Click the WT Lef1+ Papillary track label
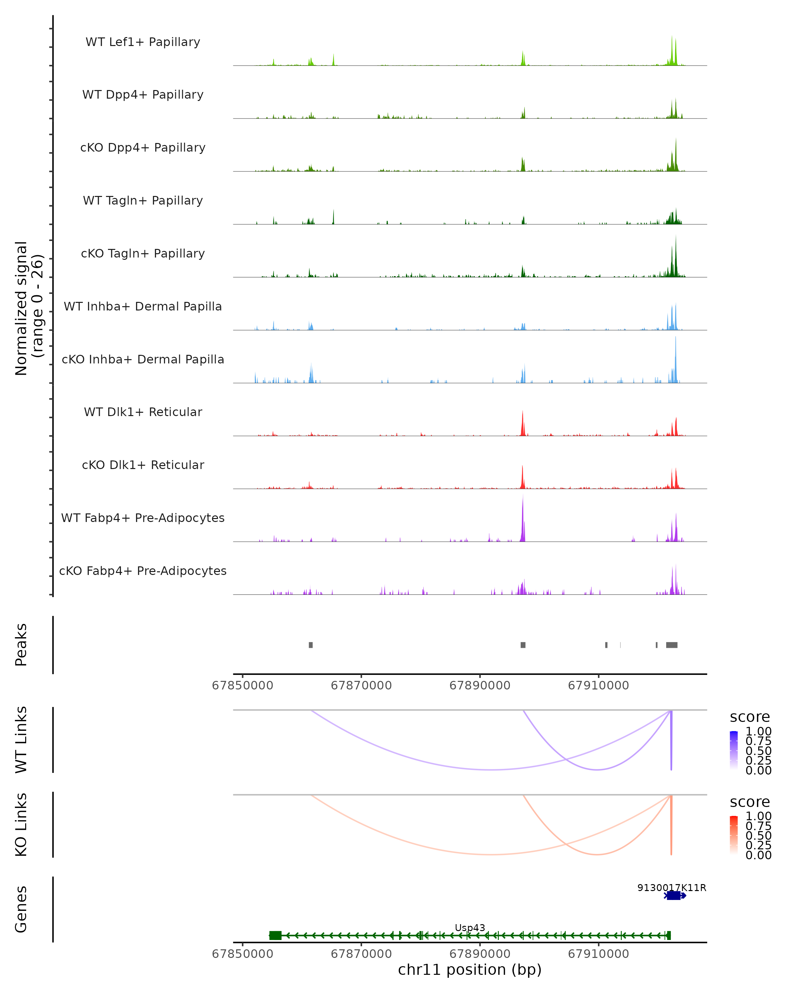point(143,42)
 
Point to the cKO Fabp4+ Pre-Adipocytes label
point(143,571)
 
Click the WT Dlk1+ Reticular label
point(143,412)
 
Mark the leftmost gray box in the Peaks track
point(311,645)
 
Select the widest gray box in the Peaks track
point(671,645)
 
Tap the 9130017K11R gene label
point(671,887)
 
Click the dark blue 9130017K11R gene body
point(674,895)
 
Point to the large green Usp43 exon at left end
point(276,935)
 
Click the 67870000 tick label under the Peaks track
point(361,686)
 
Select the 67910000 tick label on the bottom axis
point(598,954)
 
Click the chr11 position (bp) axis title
point(470,969)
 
